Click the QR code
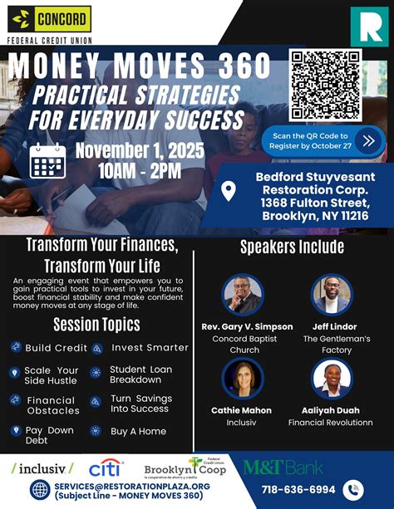(x=325, y=85)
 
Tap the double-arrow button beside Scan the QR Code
(x=368, y=139)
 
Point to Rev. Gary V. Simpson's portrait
(x=243, y=294)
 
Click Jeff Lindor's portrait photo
(x=332, y=294)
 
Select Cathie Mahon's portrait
(x=243, y=379)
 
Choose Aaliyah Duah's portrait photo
(x=332, y=379)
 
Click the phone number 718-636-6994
(x=299, y=490)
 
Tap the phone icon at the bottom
(x=355, y=490)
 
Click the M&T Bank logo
(x=283, y=467)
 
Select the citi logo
(x=106, y=469)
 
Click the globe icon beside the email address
(x=41, y=490)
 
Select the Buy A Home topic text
(x=138, y=431)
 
